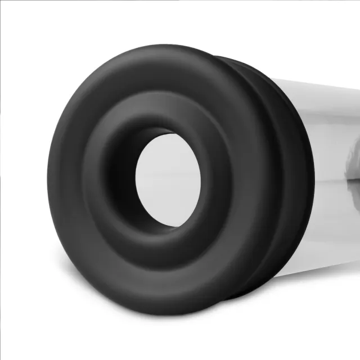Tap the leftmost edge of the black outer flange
point(49,174)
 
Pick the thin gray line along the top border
point(180,1)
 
